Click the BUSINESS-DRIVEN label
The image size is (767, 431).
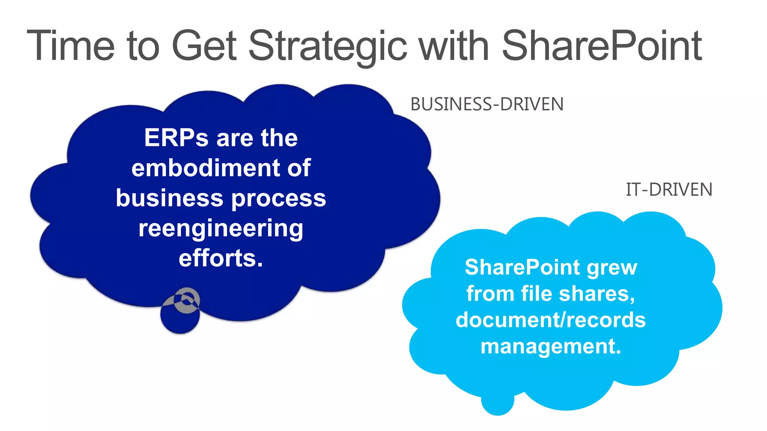[x=487, y=104]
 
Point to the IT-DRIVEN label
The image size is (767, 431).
[x=669, y=190]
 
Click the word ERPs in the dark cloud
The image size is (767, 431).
[x=176, y=138]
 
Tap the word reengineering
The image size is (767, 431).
[x=221, y=228]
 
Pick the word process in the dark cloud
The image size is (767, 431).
[x=279, y=198]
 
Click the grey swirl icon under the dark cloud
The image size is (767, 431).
[x=186, y=300]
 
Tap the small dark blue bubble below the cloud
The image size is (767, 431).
[x=179, y=320]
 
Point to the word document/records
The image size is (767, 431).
[x=551, y=320]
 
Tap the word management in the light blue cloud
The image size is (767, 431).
[x=548, y=346]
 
